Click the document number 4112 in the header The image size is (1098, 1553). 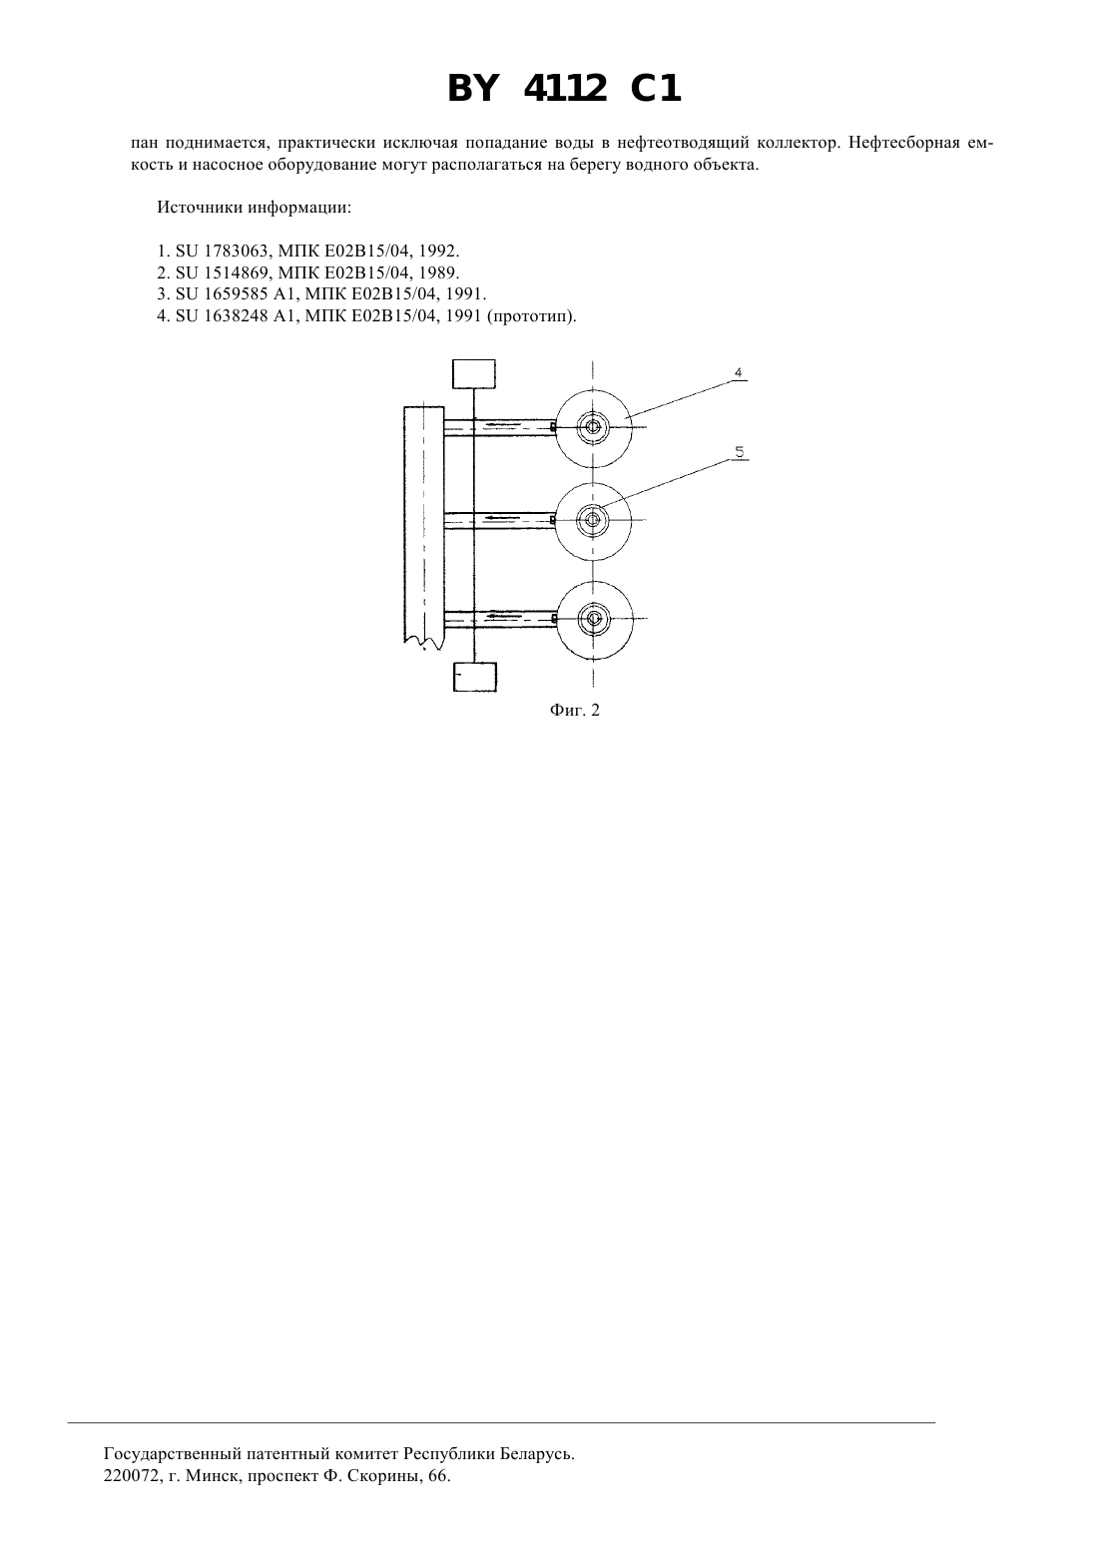pos(564,89)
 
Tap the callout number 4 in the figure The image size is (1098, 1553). pos(739,373)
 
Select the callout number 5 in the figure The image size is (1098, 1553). pos(740,452)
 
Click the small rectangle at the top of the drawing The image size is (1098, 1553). pos(474,373)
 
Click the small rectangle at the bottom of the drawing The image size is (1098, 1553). pos(475,677)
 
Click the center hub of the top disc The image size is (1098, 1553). pos(593,427)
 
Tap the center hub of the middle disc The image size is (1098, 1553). pos(593,520)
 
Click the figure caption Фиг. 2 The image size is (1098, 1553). pos(575,710)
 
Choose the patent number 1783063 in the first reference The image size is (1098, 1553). pos(236,251)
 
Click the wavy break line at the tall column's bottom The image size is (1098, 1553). pos(423,645)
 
